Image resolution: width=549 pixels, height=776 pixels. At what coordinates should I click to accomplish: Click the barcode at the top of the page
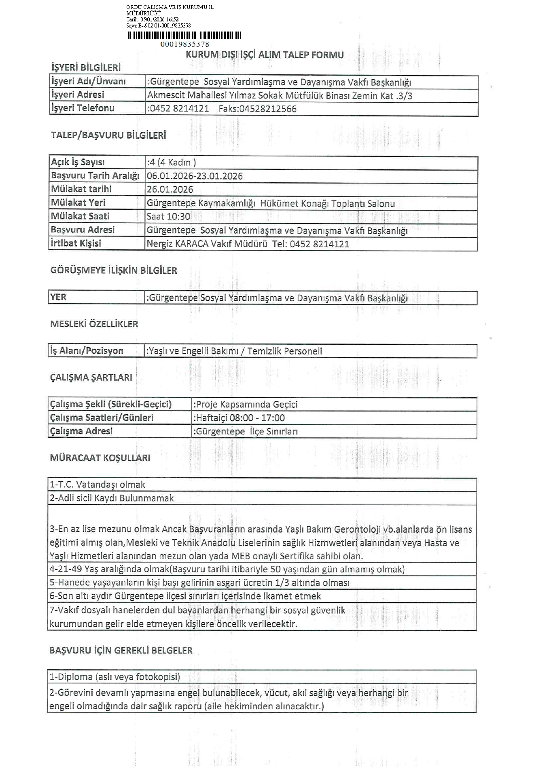click(x=184, y=36)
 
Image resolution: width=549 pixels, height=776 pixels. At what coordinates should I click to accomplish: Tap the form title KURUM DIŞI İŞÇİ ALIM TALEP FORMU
click(x=265, y=55)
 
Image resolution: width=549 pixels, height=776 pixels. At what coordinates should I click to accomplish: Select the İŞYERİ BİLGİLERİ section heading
click(x=86, y=67)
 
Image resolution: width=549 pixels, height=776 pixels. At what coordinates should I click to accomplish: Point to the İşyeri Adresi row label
click(x=78, y=95)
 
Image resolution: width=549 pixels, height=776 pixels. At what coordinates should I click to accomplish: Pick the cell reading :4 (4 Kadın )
click(x=172, y=162)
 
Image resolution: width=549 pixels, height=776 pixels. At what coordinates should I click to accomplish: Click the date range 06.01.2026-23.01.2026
click(x=195, y=176)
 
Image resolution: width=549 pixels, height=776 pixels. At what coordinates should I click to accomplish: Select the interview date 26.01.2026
click(x=170, y=190)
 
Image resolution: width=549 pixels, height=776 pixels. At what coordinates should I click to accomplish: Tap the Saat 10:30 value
click(x=168, y=217)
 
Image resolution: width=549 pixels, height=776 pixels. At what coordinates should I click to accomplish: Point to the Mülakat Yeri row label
click(x=78, y=202)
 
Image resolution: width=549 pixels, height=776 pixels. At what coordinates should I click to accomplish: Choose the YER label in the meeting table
click(x=58, y=297)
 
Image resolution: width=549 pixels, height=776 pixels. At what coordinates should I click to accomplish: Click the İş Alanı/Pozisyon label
click(x=87, y=351)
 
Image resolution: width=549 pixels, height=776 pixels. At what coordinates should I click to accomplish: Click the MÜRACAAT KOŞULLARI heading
click(x=100, y=458)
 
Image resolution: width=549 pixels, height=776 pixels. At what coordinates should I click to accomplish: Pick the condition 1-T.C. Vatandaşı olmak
click(x=98, y=485)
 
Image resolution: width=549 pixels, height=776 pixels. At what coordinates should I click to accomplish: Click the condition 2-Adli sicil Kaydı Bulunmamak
click(x=112, y=498)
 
